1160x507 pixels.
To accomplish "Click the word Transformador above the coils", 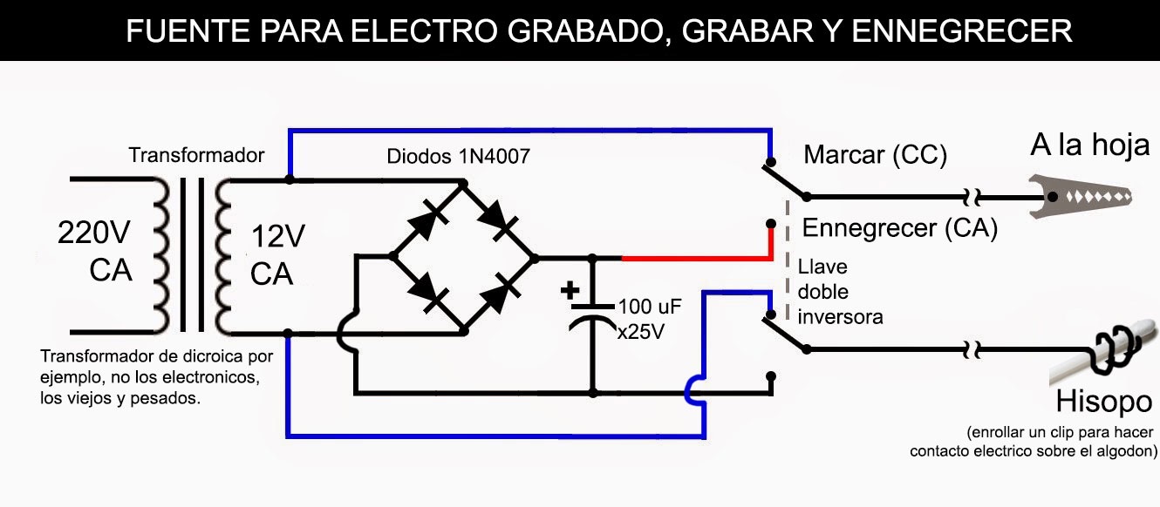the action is point(196,155).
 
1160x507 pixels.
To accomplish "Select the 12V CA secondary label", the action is point(277,254).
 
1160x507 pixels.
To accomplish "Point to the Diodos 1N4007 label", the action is point(458,156).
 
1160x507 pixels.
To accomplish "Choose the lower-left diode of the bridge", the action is point(427,293).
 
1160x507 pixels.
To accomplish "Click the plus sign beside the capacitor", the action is point(570,290).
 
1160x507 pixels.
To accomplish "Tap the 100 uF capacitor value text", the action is point(650,307).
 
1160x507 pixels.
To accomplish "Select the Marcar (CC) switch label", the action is point(875,155).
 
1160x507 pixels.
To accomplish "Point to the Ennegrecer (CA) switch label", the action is point(899,228).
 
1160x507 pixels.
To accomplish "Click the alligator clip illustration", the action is point(1080,197).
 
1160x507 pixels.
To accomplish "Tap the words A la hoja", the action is point(1089,145).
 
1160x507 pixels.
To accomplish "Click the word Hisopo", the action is point(1104,402).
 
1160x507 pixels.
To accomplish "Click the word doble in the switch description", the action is point(822,292).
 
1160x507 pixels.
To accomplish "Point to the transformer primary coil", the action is point(161,256).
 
